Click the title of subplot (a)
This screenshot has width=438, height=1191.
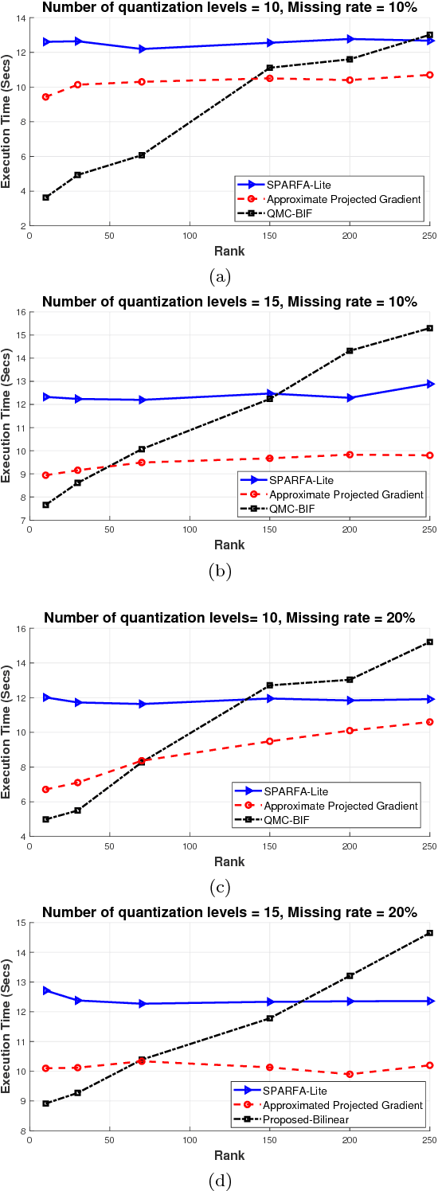click(x=229, y=8)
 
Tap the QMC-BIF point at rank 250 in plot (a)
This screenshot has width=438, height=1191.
click(x=429, y=35)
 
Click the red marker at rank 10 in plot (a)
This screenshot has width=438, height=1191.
click(x=46, y=97)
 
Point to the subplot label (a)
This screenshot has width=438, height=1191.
click(x=220, y=277)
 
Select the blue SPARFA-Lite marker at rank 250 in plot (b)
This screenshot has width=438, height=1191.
click(x=429, y=384)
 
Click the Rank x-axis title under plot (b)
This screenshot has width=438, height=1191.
click(x=229, y=545)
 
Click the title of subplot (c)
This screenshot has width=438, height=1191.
click(x=229, y=619)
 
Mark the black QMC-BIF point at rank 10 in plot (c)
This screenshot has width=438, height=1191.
click(x=46, y=819)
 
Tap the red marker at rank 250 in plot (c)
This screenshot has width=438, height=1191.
click(x=429, y=722)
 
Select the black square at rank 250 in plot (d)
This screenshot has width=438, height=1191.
click(x=429, y=933)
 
